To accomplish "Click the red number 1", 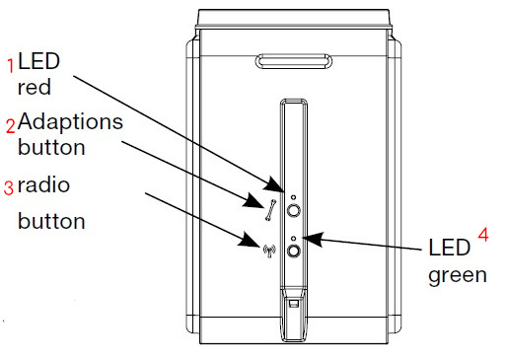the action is (x=11, y=66).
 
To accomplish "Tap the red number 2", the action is (x=11, y=126).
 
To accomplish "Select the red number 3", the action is (x=9, y=187).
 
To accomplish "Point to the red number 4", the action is (x=483, y=235).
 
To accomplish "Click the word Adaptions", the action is (x=70, y=122).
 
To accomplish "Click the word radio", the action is (x=43, y=184).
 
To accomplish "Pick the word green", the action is (x=458, y=276).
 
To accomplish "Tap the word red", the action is (x=35, y=87).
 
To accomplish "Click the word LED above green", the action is (x=450, y=248).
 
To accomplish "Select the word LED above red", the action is (x=38, y=61).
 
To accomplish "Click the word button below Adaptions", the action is (x=51, y=147).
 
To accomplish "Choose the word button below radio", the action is (x=51, y=221).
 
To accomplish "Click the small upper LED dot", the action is (x=293, y=197).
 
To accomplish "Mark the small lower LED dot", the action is (x=294, y=239).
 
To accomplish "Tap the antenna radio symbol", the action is (x=269, y=251).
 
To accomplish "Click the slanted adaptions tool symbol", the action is (x=270, y=210).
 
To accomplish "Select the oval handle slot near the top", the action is (x=294, y=61).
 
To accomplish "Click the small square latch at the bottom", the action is (x=293, y=303).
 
